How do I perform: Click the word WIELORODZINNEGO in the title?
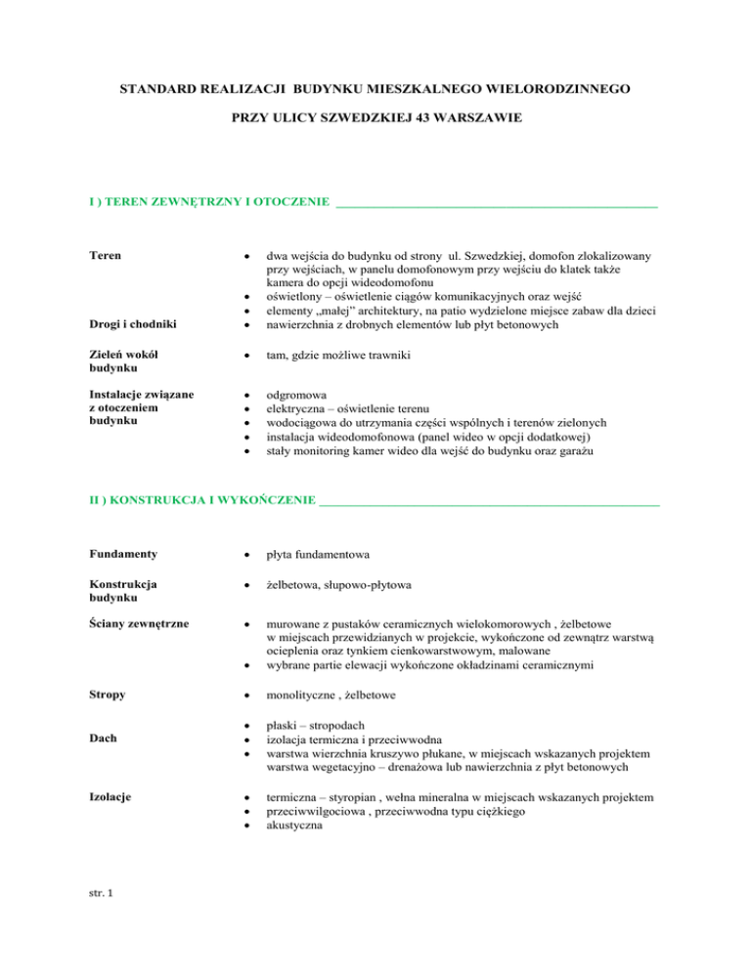pyautogui.click(x=545, y=88)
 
